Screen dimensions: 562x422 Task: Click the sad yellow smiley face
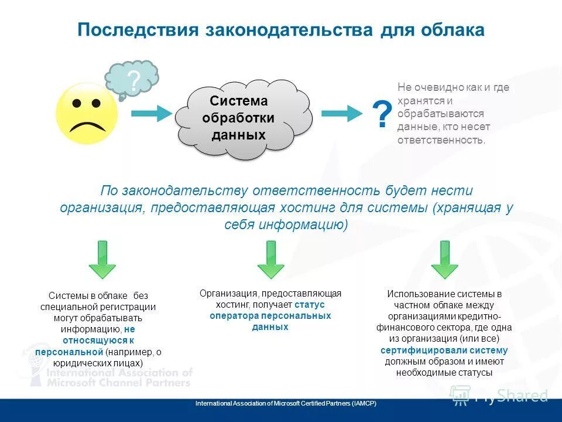tap(87, 114)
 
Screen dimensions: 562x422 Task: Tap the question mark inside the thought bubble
tap(133, 81)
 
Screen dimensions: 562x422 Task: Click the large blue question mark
tap(382, 115)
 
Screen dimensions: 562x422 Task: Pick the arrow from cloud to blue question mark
tap(342, 114)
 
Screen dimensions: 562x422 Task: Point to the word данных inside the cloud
tap(238, 135)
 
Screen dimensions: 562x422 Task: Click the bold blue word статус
tap(310, 305)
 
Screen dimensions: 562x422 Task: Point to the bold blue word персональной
tap(69, 352)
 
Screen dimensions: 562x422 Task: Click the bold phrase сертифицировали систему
tap(444, 350)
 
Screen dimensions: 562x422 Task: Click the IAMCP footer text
tap(286, 404)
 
